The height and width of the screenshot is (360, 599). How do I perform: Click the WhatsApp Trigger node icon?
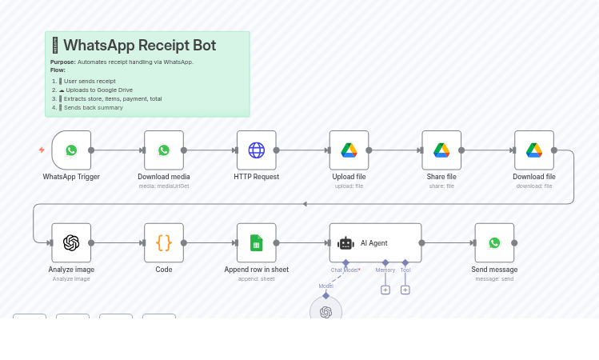71,150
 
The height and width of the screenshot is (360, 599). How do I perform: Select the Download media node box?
164,150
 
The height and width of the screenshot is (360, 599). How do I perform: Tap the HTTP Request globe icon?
256,150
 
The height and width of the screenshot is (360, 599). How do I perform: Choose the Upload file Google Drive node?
349,150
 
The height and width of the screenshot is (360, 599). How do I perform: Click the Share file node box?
441,150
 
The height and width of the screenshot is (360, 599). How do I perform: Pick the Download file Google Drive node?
534,150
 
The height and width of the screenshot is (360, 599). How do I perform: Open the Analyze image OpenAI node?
71,242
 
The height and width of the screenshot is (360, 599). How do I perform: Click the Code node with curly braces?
164,242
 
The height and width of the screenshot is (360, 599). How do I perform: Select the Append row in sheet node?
256,242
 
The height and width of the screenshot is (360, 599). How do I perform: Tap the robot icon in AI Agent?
345,243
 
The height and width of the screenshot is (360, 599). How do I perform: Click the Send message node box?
494,242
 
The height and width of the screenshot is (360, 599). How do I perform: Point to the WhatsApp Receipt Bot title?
139,46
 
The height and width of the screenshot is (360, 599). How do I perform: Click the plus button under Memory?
385,290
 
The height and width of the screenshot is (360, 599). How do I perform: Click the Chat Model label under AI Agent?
345,270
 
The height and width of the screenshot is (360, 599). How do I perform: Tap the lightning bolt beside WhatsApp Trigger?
42,150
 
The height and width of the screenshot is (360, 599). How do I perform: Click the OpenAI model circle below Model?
325,311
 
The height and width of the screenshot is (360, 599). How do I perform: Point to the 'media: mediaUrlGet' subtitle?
164,186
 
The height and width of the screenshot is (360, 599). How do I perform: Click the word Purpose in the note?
62,62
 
